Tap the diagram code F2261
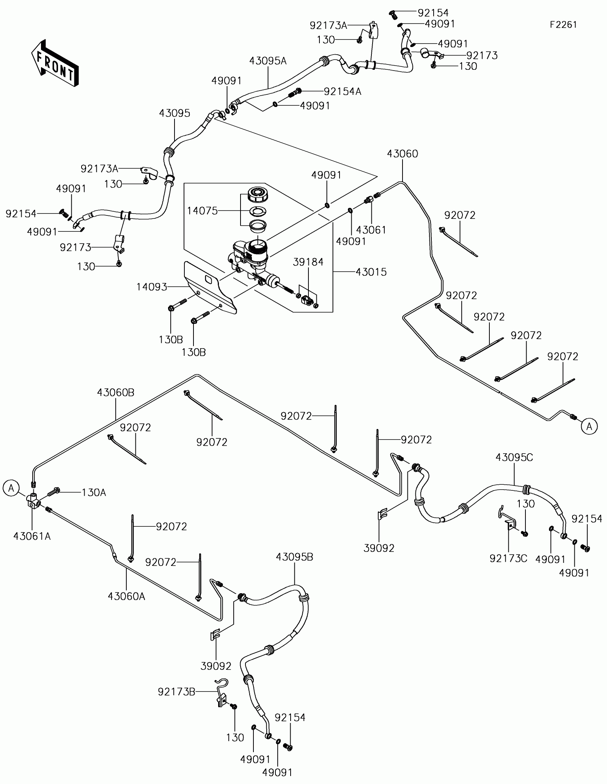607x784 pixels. click(x=564, y=25)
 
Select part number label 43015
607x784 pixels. click(x=371, y=272)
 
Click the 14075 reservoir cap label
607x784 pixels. click(x=203, y=211)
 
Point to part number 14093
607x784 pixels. click(x=152, y=287)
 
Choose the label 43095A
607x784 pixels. click(x=268, y=61)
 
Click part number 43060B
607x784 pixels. click(x=116, y=393)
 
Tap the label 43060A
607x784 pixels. click(x=126, y=596)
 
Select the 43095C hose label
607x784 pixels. click(x=514, y=458)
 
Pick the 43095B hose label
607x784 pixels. click(x=294, y=557)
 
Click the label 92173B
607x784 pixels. click(x=176, y=692)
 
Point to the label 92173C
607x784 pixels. click(x=508, y=559)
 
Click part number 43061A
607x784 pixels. click(x=32, y=536)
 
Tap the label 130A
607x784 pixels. click(x=94, y=493)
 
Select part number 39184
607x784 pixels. click(x=308, y=262)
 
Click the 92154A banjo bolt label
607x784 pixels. click(x=342, y=91)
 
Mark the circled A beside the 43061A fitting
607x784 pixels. click(x=11, y=488)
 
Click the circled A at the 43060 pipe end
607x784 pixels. click(x=589, y=426)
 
